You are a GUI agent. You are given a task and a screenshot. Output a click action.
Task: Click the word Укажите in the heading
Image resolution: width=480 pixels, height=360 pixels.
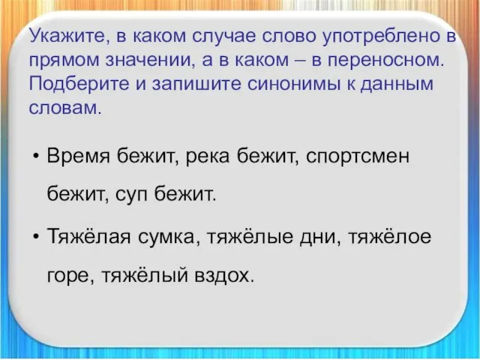(67, 37)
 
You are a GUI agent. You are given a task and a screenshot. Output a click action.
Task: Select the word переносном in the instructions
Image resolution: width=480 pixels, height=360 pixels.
(385, 61)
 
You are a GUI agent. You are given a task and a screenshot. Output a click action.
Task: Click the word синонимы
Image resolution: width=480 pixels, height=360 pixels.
(294, 84)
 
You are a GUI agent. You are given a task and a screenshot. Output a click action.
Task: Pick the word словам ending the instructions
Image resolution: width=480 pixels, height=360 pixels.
(65, 108)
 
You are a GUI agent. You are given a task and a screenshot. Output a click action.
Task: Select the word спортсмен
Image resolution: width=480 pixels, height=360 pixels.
(358, 157)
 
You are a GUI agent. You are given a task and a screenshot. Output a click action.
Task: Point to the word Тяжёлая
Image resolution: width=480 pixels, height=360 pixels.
(89, 237)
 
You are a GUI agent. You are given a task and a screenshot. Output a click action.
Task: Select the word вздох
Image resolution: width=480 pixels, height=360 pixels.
(225, 275)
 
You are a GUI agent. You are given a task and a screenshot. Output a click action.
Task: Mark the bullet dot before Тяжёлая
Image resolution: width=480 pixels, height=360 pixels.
(37, 237)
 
